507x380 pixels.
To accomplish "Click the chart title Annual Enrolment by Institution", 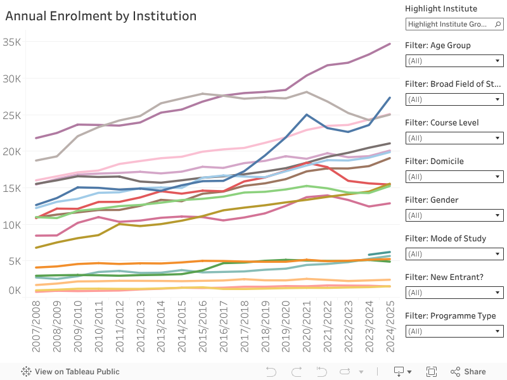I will [101, 16].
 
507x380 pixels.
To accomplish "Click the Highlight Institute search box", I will [454, 24].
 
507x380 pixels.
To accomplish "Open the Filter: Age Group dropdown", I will [454, 61].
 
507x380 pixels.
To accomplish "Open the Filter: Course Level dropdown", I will [454, 138].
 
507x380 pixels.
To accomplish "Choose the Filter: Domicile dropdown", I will [454, 177].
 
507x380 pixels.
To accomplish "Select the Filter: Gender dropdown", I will [454, 215].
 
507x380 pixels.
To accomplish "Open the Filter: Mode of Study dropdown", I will [454, 254].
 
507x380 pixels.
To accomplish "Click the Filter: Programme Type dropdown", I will [454, 331].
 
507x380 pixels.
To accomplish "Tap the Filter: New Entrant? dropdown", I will [454, 293].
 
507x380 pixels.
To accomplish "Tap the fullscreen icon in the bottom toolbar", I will [432, 372].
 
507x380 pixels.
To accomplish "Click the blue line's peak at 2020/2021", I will [307, 115].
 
